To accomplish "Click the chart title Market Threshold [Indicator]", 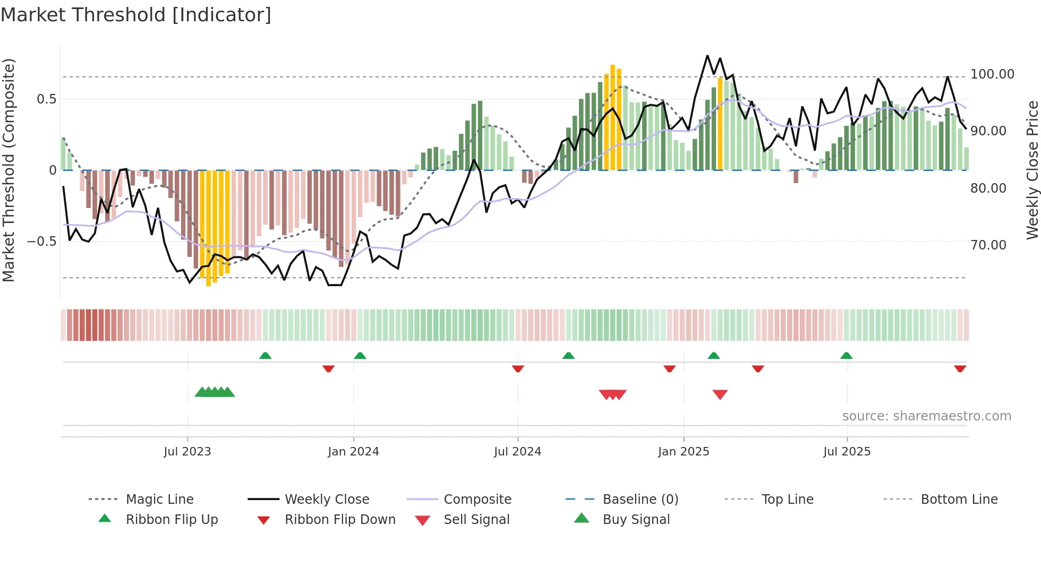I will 136,15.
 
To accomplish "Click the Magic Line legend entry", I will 159,499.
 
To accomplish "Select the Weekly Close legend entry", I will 327,499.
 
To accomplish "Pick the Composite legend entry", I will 477,499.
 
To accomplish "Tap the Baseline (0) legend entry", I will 640,499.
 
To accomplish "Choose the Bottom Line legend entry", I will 959,499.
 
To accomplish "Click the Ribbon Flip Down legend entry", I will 340,519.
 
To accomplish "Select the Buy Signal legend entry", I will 636,519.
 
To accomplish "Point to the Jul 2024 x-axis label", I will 517,451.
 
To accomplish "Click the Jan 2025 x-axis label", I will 684,451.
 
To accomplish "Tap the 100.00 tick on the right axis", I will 992,74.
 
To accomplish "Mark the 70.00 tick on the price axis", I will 988,245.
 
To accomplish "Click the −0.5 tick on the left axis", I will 41,242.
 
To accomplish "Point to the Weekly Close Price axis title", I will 1032,170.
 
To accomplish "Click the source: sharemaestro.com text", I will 926,416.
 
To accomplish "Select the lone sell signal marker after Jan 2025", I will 720,394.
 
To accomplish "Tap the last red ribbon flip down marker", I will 960,368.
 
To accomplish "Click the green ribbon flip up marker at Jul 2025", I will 846,355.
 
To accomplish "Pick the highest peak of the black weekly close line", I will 707,56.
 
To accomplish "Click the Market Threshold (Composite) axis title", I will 8,170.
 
